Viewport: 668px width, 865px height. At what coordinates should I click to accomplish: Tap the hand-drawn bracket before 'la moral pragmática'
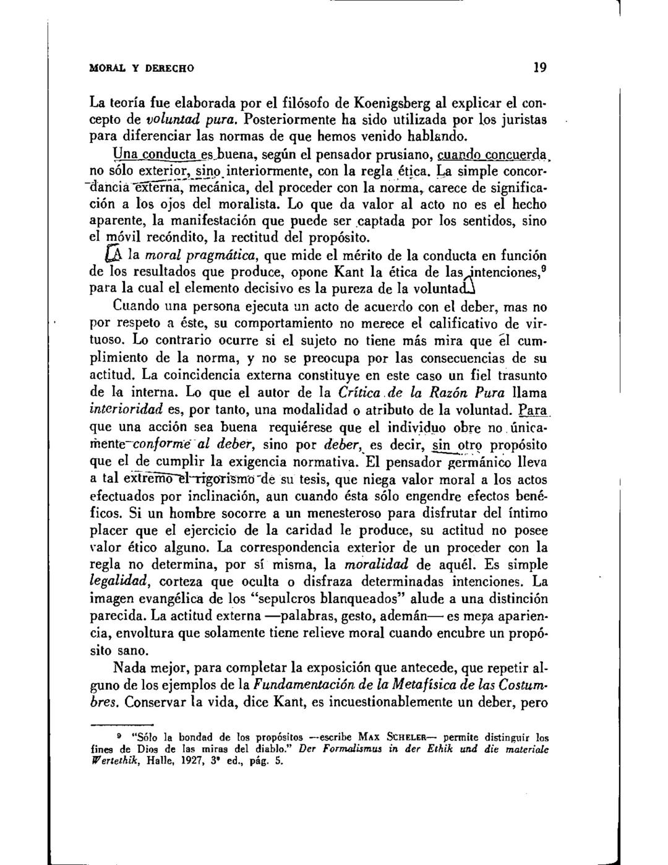point(114,254)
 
